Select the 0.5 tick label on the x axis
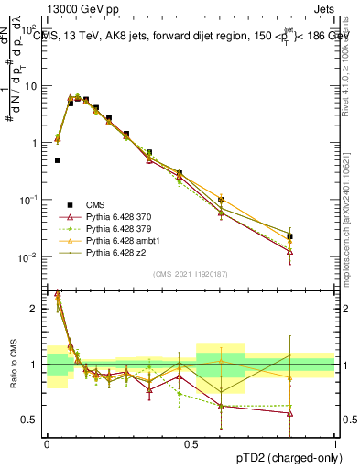pos(191,443)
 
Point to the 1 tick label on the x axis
pos(334,443)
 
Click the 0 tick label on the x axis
pos(47,443)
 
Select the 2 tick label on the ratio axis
pos(37,309)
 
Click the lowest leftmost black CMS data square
pos(58,160)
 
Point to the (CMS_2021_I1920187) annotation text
pos(190,274)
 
